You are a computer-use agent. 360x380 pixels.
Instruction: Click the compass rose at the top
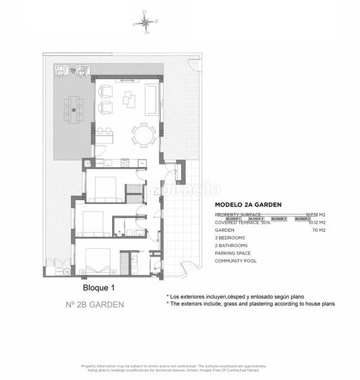click(x=146, y=22)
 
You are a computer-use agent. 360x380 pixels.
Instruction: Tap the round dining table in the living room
click(x=143, y=135)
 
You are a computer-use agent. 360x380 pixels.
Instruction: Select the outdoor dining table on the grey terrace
click(x=74, y=110)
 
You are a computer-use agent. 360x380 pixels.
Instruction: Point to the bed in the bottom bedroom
click(x=98, y=260)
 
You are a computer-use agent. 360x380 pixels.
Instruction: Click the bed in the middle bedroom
click(x=94, y=221)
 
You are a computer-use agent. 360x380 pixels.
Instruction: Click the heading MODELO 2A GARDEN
click(x=248, y=205)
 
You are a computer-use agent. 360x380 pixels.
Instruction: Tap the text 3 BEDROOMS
click(x=231, y=237)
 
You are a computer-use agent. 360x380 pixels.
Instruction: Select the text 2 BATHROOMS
click(x=231, y=245)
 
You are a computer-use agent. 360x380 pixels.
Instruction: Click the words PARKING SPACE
click(x=233, y=253)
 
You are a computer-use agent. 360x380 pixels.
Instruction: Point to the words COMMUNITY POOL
click(x=236, y=260)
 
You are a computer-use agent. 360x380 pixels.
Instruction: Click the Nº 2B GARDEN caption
click(x=94, y=304)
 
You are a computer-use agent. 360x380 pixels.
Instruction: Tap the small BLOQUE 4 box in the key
click(x=302, y=218)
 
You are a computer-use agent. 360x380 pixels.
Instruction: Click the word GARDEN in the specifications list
click(x=225, y=230)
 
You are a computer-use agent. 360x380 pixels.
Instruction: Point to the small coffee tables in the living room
click(x=129, y=99)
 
